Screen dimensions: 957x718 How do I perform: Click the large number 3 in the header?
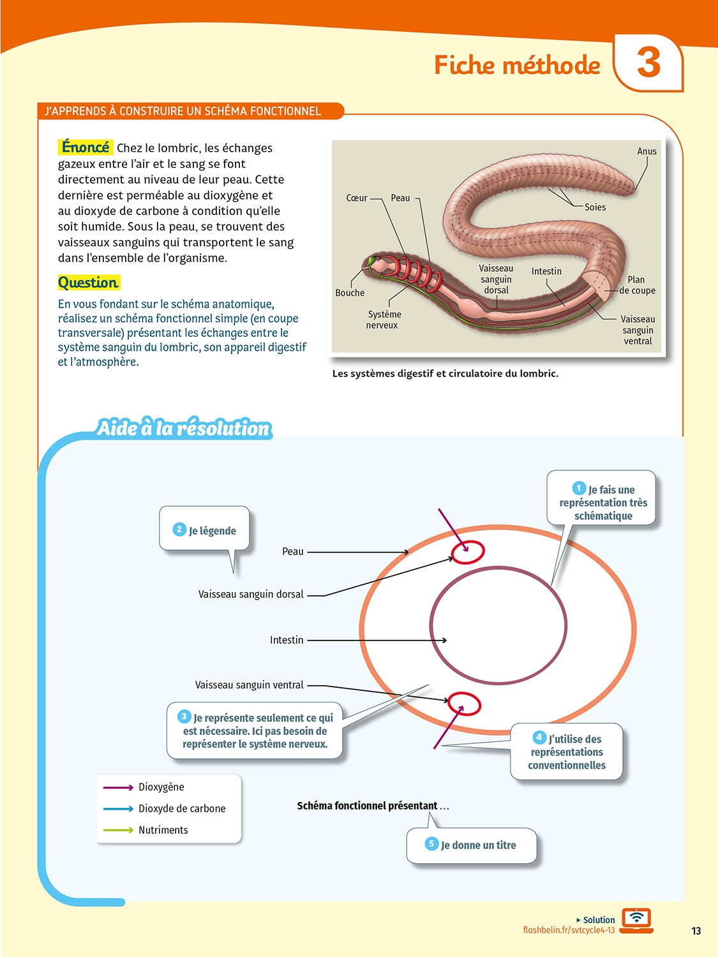point(648,63)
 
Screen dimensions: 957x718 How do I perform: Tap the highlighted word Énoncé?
point(86,147)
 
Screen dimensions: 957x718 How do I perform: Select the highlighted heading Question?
point(88,283)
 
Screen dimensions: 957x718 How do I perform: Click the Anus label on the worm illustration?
point(647,151)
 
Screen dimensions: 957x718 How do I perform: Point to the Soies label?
point(595,207)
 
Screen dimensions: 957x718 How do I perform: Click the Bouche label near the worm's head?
point(350,293)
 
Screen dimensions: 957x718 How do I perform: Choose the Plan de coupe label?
point(636,285)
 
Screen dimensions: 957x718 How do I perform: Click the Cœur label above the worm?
point(357,198)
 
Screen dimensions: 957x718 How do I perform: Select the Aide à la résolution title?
point(184,428)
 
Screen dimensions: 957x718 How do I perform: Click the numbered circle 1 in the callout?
point(579,489)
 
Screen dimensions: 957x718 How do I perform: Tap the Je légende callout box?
point(204,530)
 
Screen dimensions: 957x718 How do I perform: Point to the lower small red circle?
point(464,704)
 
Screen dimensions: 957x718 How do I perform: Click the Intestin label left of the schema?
point(287,640)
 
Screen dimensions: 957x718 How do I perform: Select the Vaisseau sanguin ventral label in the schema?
point(250,685)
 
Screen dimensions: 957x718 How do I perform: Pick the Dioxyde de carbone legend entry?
point(182,808)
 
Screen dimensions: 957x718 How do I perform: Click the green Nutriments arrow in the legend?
point(118,830)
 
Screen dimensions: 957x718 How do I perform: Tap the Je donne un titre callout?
point(472,845)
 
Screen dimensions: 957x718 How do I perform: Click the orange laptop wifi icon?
point(636,920)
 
